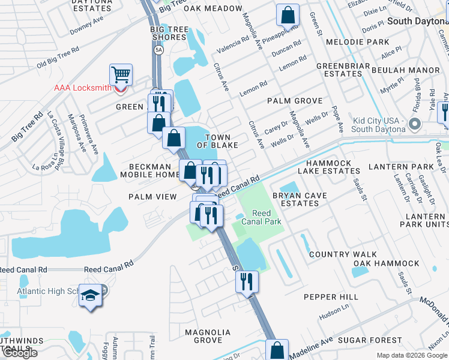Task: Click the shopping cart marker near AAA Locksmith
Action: point(121,76)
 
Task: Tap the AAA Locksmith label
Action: point(83,88)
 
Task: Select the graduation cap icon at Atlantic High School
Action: point(90,296)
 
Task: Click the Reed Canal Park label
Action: point(261,217)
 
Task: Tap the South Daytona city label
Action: point(418,21)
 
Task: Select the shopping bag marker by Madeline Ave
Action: point(277,350)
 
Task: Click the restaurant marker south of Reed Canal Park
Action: point(247,281)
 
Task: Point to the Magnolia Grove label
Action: point(208,336)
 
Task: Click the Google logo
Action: point(20,353)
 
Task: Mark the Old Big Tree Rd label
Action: point(58,58)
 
